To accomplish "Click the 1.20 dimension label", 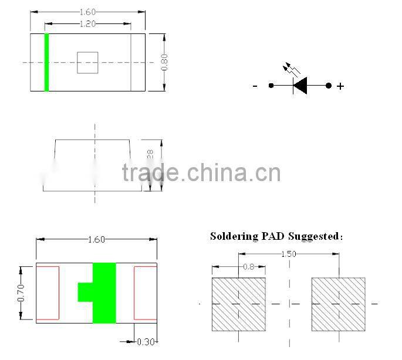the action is pyautogui.click(x=87, y=24).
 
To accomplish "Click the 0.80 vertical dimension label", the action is pyautogui.click(x=164, y=62).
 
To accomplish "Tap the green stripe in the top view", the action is pyautogui.click(x=46, y=62).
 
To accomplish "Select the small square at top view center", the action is pyautogui.click(x=87, y=62).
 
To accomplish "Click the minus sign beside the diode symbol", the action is pyautogui.click(x=255, y=86).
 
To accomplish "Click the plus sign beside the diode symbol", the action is pyautogui.click(x=340, y=86).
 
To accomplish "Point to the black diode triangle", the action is pyautogui.click(x=300, y=86).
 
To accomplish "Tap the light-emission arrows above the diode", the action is pyautogui.click(x=291, y=69).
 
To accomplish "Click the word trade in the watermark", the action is pyautogui.click(x=150, y=173).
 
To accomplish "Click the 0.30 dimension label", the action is pyautogui.click(x=145, y=342).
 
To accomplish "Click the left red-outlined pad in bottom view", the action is pyautogui.click(x=48, y=293).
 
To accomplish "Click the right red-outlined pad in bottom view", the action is pyautogui.click(x=146, y=293).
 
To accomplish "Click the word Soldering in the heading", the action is pyautogui.click(x=234, y=236).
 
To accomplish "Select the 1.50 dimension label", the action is pyautogui.click(x=288, y=254).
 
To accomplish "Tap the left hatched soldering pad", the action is pyautogui.click(x=238, y=304).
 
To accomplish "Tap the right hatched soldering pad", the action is pyautogui.click(x=338, y=304).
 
